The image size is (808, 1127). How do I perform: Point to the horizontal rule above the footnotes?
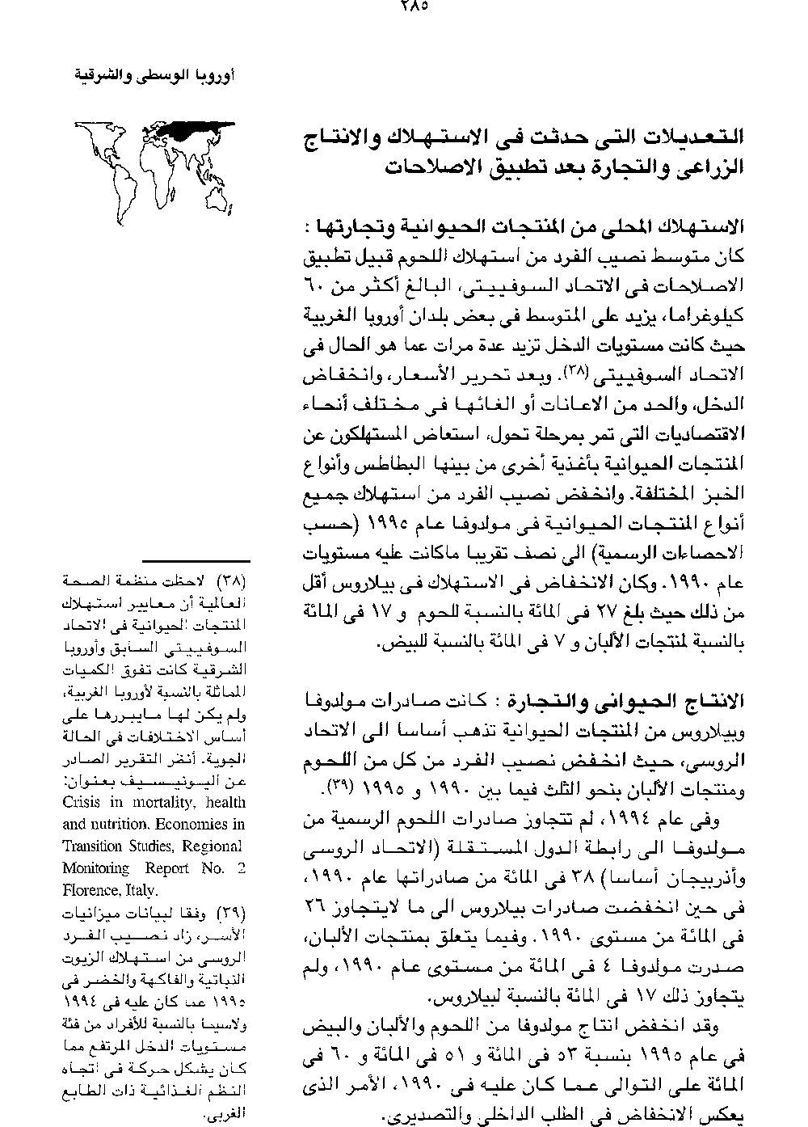tap(196, 559)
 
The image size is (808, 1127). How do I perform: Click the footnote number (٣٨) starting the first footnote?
tap(234, 580)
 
